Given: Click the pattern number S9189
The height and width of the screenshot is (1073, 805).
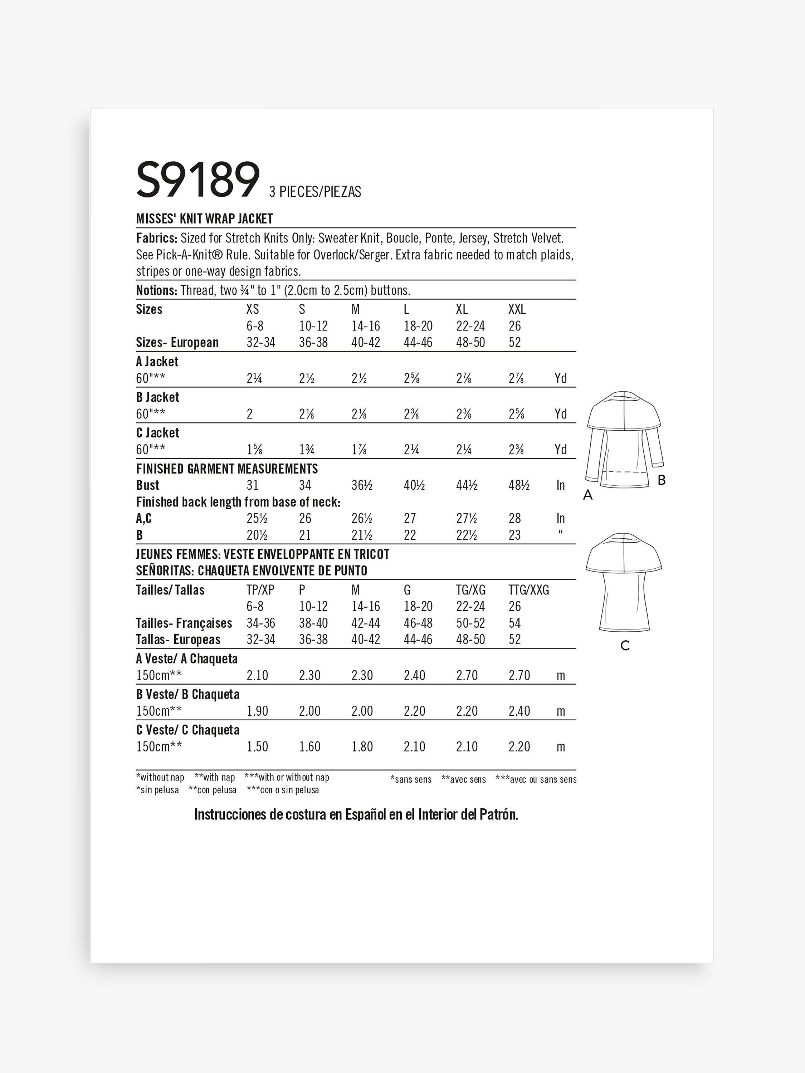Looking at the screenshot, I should [198, 181].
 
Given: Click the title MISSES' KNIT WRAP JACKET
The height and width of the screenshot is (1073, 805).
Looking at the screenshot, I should [204, 219].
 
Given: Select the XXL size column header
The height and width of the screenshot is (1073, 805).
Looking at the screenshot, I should [517, 309].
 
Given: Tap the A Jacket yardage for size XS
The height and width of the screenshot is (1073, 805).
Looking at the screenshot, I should [254, 378].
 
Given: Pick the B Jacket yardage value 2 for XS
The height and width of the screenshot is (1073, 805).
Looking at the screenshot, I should [249, 414].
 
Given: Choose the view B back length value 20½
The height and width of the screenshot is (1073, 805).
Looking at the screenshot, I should [257, 535].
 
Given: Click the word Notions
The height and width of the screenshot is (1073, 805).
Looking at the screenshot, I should [156, 290].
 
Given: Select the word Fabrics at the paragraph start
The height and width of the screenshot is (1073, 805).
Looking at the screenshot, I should [156, 238].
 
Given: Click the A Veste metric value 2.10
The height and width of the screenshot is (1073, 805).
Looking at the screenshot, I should [257, 675].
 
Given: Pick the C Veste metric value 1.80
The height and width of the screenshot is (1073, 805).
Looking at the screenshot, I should [362, 746].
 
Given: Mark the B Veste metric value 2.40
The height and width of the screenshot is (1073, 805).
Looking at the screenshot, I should [519, 711].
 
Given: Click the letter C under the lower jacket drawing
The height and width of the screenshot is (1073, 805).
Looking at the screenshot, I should [625, 646].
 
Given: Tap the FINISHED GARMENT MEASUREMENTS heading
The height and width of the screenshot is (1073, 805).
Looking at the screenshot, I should [226, 469].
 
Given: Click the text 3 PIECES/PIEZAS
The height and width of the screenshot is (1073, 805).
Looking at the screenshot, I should [315, 192].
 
